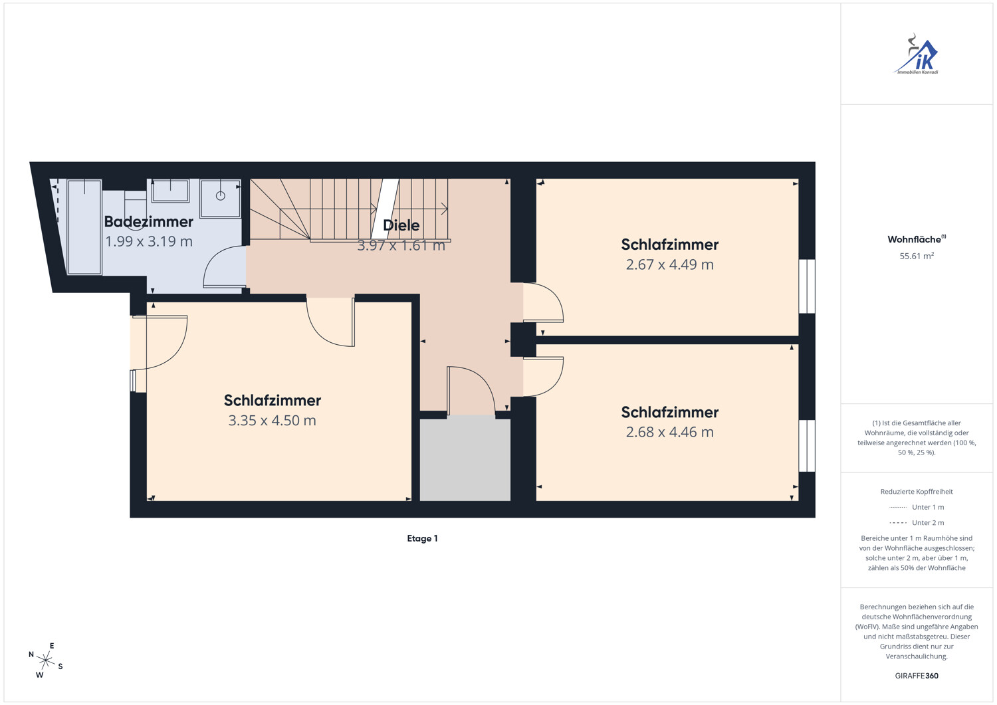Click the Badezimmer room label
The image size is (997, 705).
[149, 222]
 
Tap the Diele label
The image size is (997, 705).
[401, 225]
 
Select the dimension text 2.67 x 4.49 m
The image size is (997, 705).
[669, 265]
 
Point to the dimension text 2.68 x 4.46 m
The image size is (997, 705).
[669, 432]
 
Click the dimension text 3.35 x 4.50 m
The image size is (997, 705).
[272, 421]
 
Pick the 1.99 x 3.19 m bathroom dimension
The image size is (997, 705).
[149, 242]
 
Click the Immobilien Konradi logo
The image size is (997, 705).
[917, 54]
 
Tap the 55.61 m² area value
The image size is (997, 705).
[917, 256]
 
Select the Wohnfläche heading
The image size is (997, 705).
[917, 239]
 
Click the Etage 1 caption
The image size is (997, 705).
[422, 538]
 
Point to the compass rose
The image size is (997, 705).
[45, 660]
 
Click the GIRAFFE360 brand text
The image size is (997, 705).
[917, 676]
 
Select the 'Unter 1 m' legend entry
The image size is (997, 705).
[917, 508]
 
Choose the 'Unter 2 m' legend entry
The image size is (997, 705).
[917, 522]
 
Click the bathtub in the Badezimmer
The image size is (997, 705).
[84, 227]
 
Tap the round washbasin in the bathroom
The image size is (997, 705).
[220, 196]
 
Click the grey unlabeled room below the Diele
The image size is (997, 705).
[465, 460]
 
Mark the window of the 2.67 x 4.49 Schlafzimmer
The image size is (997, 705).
[806, 286]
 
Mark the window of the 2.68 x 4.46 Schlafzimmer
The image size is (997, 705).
[806, 445]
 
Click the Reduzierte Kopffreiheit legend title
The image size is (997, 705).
[917, 492]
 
